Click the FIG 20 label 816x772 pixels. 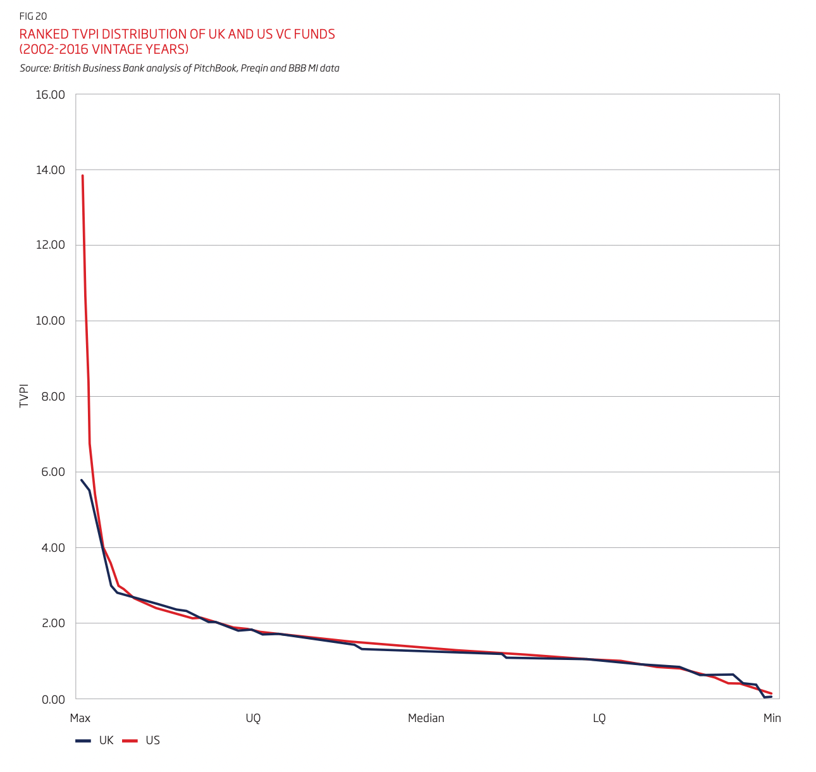(33, 16)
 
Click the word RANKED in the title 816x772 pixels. (44, 34)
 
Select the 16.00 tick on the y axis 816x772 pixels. (50, 95)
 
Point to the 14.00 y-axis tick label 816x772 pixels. (50, 170)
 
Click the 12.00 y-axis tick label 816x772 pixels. (50, 245)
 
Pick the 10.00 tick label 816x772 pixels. (50, 321)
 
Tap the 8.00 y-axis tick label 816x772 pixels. (53, 396)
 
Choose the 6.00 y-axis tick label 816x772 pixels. (53, 472)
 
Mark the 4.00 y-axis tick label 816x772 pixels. (53, 547)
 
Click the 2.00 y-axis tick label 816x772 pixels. (53, 623)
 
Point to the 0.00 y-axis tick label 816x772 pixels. (53, 700)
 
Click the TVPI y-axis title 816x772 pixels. (24, 395)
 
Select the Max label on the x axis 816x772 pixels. (80, 718)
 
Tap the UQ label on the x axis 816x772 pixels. (253, 718)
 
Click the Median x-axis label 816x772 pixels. (426, 718)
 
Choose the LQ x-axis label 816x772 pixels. (599, 718)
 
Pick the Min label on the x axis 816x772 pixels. (772, 718)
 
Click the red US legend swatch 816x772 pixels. (130, 740)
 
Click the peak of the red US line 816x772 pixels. (83, 176)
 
